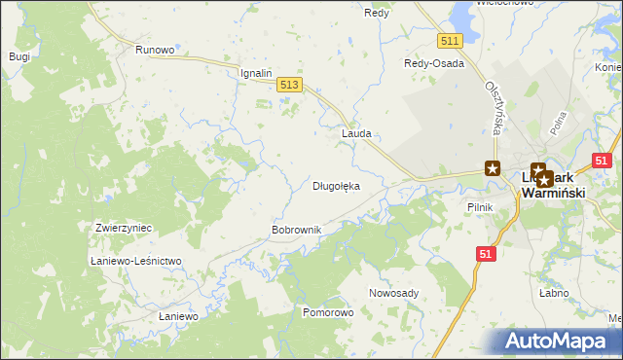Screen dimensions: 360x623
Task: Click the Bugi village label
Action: point(19,56)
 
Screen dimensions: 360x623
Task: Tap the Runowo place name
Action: point(155,50)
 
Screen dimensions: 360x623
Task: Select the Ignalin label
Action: point(255,73)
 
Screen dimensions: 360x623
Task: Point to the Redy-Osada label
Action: point(434,63)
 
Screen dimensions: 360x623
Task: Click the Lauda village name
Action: point(356,133)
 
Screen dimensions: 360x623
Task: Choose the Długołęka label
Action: point(336,186)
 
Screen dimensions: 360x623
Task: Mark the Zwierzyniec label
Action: point(124,227)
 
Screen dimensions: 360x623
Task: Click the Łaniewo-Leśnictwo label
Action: point(135,262)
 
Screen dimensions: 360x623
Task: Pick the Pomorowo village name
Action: point(328,313)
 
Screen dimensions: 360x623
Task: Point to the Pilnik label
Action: point(481,207)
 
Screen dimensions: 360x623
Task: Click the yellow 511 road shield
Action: point(449,40)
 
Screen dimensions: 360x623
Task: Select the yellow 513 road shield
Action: point(288,86)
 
